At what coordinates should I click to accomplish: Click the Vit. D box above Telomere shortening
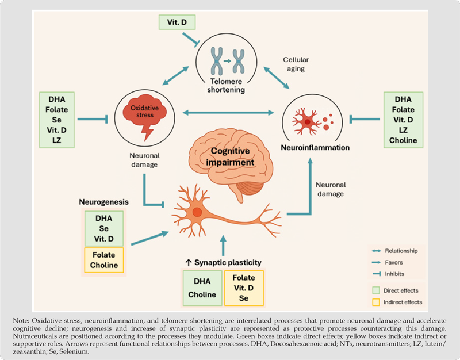pos(175,24)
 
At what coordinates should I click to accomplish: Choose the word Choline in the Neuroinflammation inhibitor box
pos(402,140)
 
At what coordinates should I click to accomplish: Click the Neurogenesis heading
pos(103,203)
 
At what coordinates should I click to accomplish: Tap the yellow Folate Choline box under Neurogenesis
pos(103,260)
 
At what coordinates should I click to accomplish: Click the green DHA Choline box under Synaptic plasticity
pos(202,288)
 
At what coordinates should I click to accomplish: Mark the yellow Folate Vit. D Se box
pos(244,288)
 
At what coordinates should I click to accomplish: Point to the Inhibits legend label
pos(407,273)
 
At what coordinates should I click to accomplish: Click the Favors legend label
pos(406,262)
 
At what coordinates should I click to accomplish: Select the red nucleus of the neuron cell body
pos(197,212)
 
